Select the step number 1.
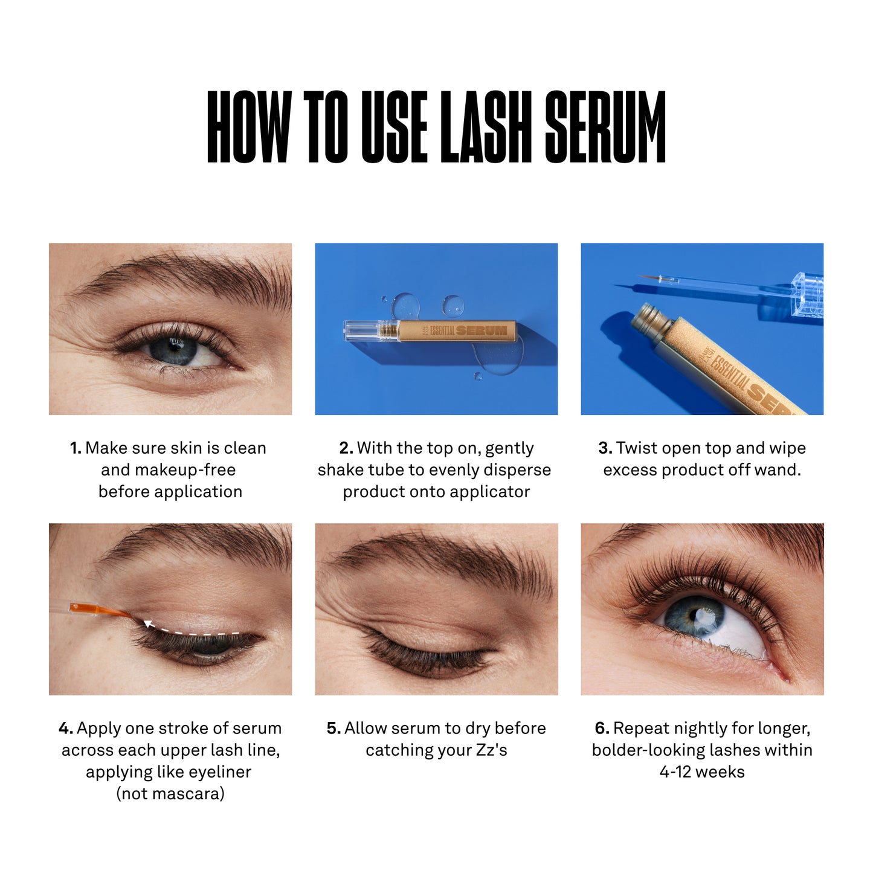click(x=75, y=448)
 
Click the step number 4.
click(x=65, y=729)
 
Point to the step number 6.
click(x=601, y=729)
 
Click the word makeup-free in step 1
click(x=168, y=470)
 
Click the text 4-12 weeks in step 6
click(x=702, y=772)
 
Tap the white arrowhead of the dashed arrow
click(x=147, y=623)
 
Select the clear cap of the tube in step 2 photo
click(x=361, y=330)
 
